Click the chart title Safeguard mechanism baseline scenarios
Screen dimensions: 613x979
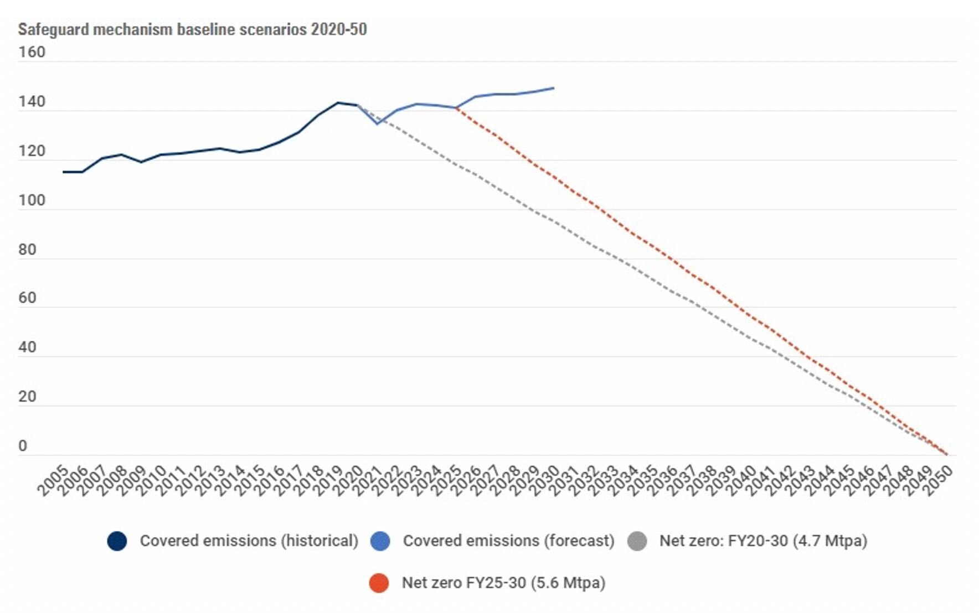[192, 29]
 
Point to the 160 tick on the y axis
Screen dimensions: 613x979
[32, 53]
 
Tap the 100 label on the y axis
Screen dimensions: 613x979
[32, 200]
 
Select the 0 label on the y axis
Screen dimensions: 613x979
[23, 446]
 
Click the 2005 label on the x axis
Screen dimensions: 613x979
[53, 480]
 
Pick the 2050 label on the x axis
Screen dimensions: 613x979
[938, 480]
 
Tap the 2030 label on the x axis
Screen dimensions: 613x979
[545, 480]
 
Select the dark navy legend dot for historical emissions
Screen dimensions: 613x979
[117, 541]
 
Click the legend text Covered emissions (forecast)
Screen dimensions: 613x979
[508, 541]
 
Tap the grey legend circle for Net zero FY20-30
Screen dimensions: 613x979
[637, 541]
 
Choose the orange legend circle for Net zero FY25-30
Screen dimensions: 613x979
[379, 583]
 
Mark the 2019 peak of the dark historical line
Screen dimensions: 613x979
[338, 103]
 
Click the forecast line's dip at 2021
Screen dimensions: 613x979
[378, 123]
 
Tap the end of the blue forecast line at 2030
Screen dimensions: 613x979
[554, 88]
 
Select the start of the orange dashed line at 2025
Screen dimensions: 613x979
[456, 108]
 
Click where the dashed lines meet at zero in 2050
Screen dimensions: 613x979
[947, 455]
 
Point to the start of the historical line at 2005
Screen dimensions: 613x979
[64, 172]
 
